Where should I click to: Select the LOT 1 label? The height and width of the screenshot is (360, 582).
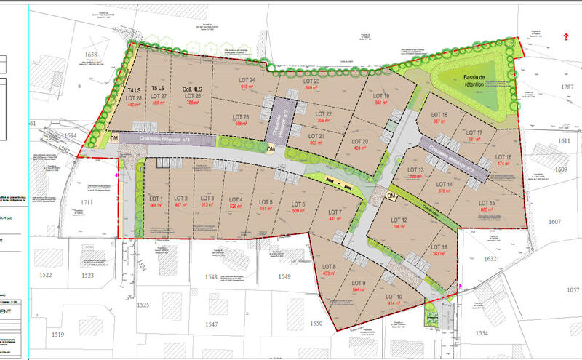pyautogui.click(x=156, y=199)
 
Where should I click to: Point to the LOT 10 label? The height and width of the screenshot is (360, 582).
pyautogui.click(x=394, y=297)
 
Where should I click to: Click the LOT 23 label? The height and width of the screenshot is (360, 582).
pyautogui.click(x=312, y=81)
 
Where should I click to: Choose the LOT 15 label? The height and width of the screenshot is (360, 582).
pyautogui.click(x=487, y=203)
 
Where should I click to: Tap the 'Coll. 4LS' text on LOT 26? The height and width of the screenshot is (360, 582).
pyautogui.click(x=193, y=89)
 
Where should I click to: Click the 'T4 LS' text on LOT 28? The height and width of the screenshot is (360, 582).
pyautogui.click(x=135, y=91)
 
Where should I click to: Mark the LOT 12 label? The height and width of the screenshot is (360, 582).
pyautogui.click(x=399, y=220)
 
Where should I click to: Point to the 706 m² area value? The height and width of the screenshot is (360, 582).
pyautogui.click(x=399, y=227)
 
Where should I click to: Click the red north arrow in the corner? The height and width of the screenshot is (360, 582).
pyautogui.click(x=567, y=35)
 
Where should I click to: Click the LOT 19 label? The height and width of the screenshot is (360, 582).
pyautogui.click(x=381, y=96)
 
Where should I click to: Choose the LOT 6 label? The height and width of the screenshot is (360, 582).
pyautogui.click(x=298, y=204)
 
